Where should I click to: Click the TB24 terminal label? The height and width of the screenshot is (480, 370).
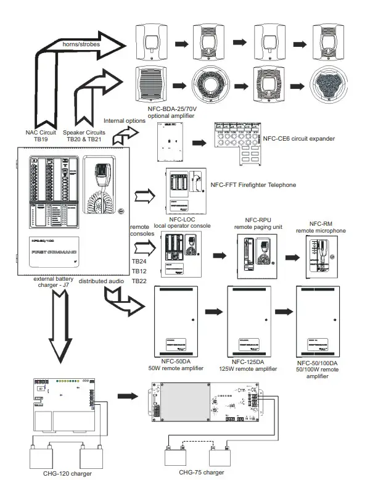coord(139,262)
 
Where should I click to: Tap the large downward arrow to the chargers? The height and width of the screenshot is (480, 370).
coord(60,326)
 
